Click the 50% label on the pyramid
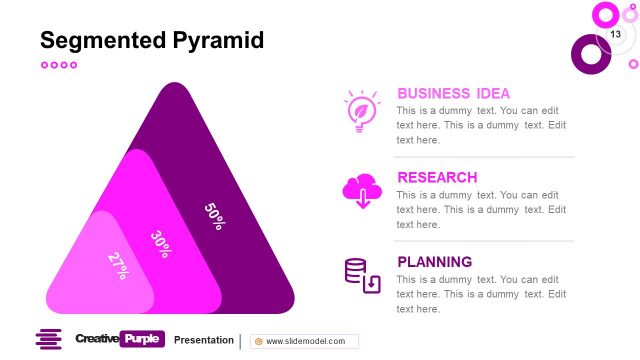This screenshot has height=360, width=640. point(214,216)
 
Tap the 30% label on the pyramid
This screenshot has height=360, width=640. point(160,243)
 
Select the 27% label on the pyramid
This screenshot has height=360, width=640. point(118,264)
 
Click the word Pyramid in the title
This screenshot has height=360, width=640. point(219,41)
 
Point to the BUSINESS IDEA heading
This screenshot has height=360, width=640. point(453,93)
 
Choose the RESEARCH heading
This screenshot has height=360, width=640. point(437,177)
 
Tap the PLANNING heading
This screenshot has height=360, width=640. point(434,262)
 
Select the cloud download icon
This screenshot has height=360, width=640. point(362,191)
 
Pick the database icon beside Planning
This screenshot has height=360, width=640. point(362,275)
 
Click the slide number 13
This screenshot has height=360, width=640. point(615,35)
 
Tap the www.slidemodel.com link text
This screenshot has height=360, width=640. point(305,341)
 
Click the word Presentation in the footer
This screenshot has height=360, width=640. point(204,340)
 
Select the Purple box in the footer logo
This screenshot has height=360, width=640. point(141,340)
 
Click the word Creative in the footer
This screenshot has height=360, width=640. point(96,340)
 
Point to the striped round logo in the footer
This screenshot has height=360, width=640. point(48,340)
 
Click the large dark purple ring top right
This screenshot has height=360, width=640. point(590,54)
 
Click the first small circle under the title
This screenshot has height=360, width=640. point(44,65)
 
